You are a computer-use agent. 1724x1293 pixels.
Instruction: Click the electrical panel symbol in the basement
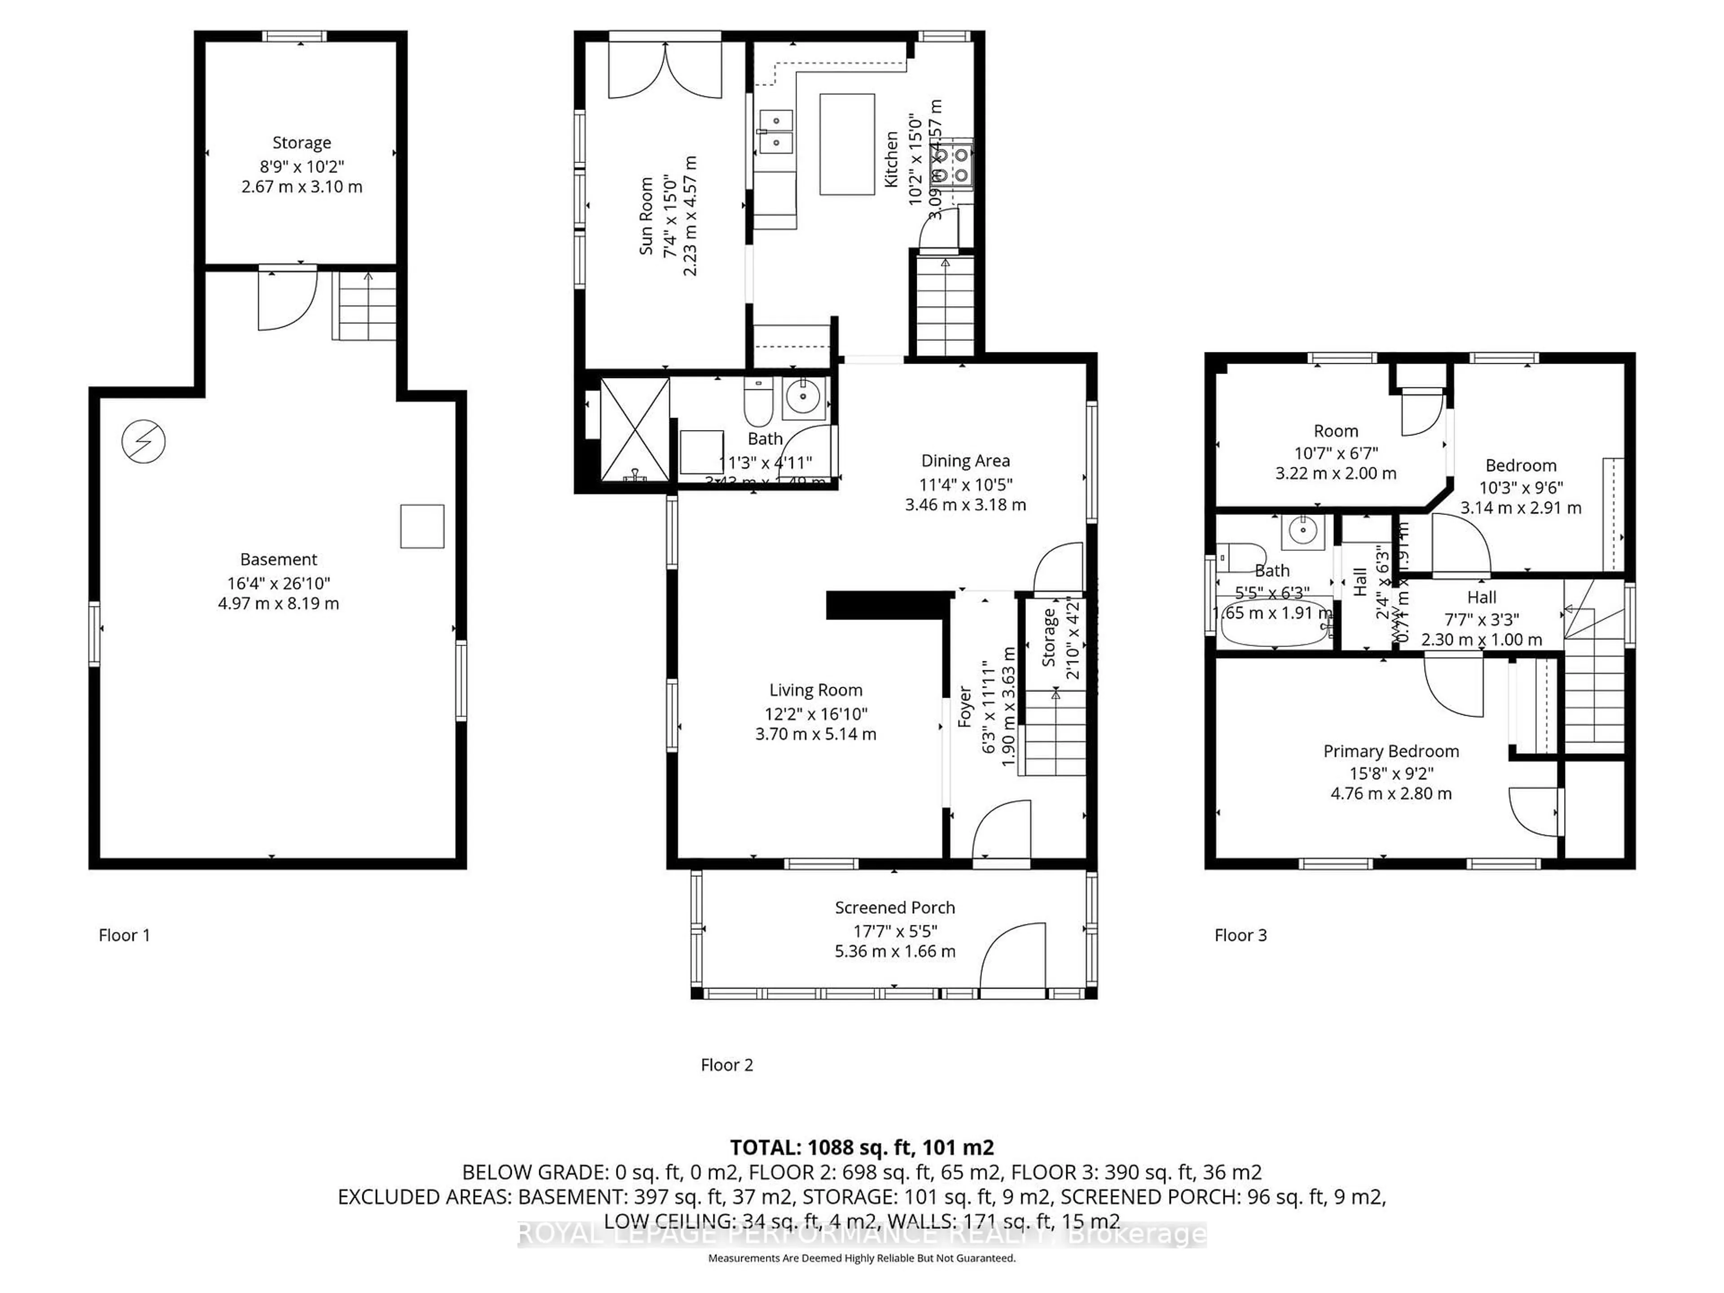143,442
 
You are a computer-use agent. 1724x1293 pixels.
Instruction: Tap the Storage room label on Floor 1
302,143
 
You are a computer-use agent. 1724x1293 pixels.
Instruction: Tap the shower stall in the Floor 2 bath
634,430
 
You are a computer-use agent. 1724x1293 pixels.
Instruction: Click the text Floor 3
1240,935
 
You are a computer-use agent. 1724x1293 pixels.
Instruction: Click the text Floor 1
124,935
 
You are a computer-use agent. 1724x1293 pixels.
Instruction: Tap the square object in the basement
422,526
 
